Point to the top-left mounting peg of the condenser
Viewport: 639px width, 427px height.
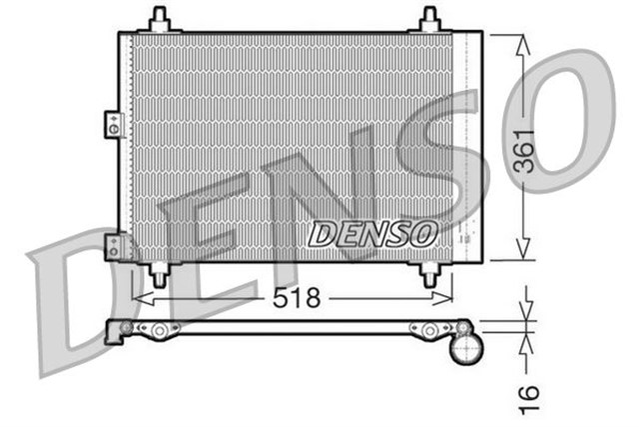[158, 19]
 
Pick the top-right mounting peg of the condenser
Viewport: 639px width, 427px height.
[429, 19]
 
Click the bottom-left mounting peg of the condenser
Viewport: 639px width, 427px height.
[158, 273]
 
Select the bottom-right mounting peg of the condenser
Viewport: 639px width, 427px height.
[429, 273]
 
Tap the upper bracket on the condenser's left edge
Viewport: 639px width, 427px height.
[112, 125]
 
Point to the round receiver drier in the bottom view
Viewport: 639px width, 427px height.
[467, 349]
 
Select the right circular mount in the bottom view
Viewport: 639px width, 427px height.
[429, 329]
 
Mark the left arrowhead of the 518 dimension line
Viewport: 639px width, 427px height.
[139, 298]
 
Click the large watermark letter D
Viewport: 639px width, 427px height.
[75, 300]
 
